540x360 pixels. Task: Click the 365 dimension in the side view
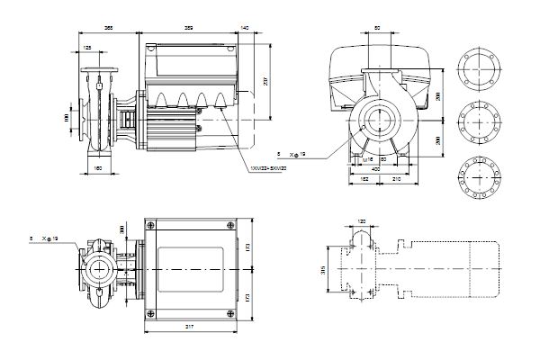109,29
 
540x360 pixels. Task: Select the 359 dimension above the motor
187,29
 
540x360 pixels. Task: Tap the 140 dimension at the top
246,29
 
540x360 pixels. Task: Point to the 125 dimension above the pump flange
87,47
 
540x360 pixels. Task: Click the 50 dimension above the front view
376,29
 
